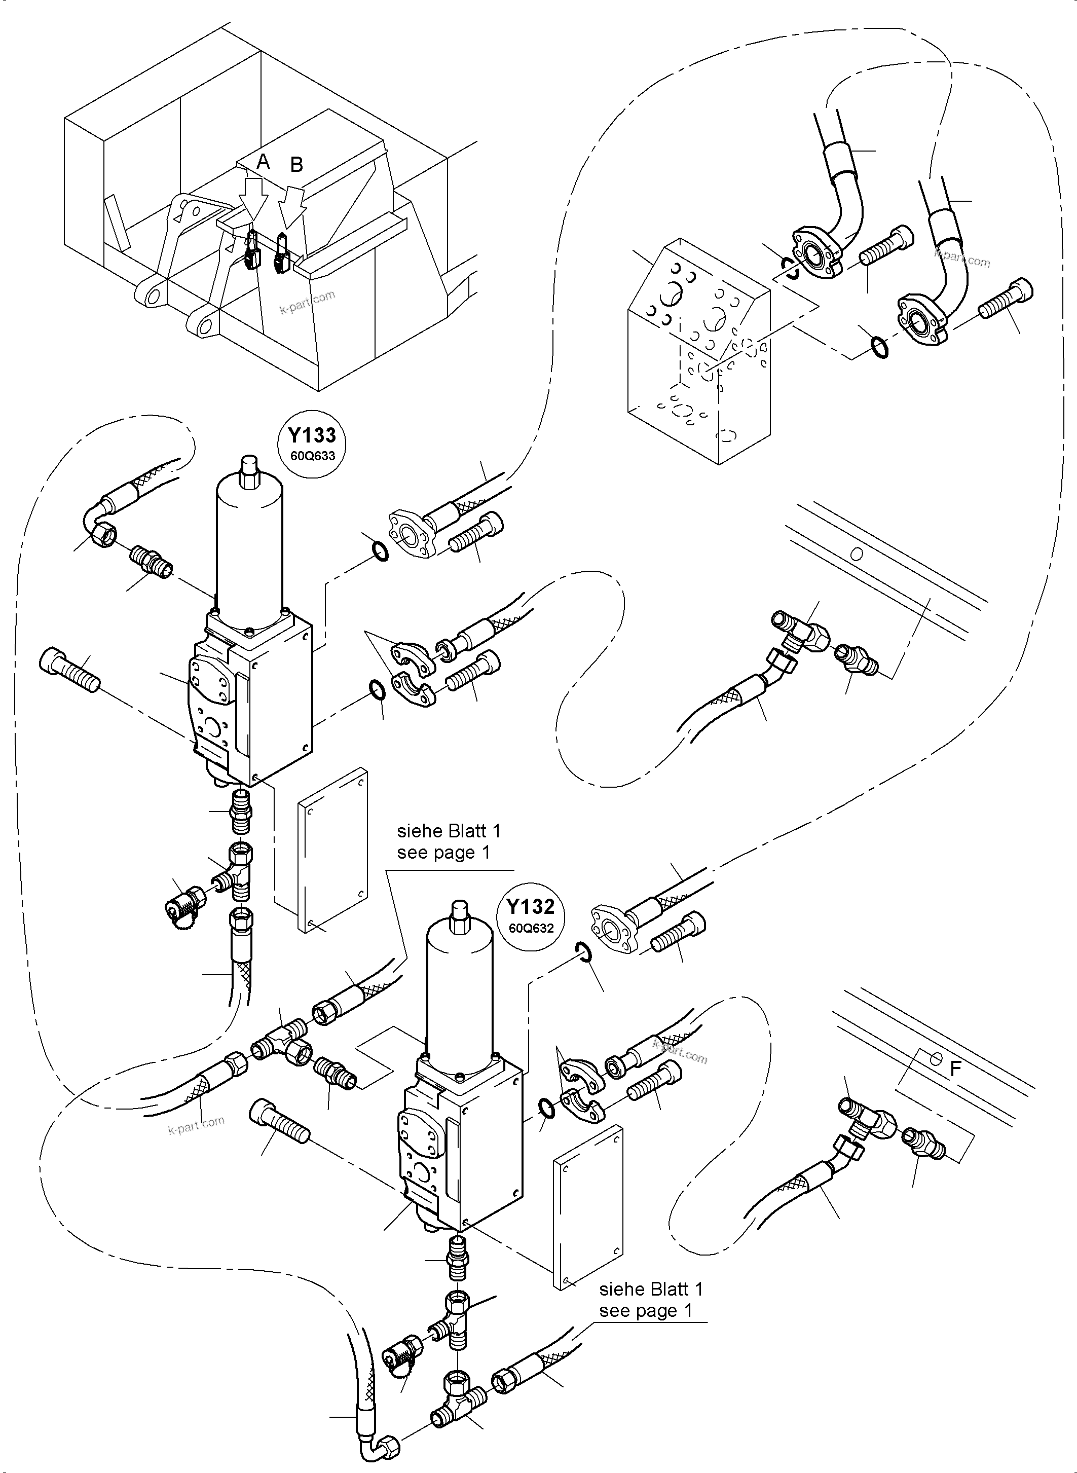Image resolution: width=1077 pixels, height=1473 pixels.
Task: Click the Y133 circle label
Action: coord(312,443)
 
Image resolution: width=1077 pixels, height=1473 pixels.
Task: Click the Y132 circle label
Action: coord(531,913)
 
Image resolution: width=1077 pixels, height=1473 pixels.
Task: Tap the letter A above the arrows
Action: coord(263,162)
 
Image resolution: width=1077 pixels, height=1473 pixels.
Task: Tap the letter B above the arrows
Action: coord(296,165)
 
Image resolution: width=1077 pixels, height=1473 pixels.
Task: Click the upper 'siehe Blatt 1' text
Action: coord(449,831)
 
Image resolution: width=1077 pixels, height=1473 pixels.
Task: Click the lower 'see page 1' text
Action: coord(645,1311)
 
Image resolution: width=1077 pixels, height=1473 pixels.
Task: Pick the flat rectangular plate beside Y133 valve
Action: coord(332,850)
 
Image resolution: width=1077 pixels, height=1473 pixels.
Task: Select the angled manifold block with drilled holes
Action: coord(697,352)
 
